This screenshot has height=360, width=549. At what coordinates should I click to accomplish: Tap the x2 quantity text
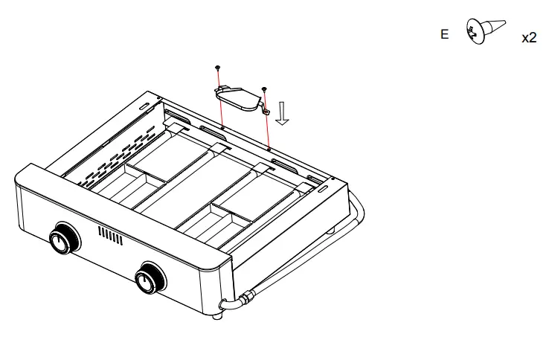click(528, 38)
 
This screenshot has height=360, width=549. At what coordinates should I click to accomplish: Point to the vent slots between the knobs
click(109, 237)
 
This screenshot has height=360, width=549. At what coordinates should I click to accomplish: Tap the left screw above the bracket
click(217, 68)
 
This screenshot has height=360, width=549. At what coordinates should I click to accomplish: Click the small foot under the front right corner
click(216, 318)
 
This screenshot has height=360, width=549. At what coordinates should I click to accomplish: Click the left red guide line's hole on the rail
click(222, 127)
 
